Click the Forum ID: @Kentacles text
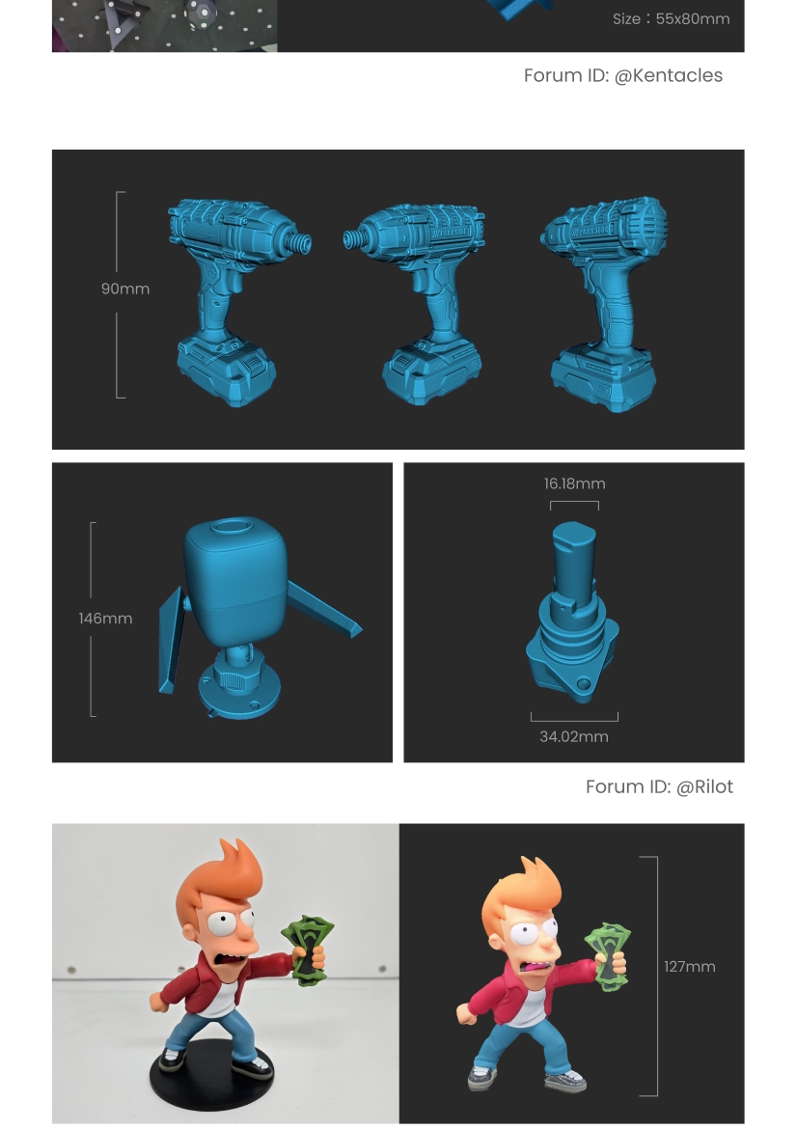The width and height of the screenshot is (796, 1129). click(x=622, y=75)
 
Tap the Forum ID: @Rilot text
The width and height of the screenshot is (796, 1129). click(x=659, y=787)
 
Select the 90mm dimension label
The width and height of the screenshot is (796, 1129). click(x=125, y=289)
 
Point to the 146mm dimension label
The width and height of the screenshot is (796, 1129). click(x=105, y=619)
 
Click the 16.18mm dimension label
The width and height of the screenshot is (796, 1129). click(x=574, y=483)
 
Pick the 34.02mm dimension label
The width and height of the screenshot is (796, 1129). click(x=574, y=736)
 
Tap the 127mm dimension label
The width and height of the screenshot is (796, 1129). click(x=690, y=967)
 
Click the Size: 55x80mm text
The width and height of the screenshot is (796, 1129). click(x=671, y=19)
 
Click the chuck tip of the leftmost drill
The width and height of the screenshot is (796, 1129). click(x=303, y=243)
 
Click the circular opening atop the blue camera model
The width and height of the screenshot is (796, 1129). click(x=231, y=526)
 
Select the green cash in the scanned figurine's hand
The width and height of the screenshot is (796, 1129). click(x=609, y=956)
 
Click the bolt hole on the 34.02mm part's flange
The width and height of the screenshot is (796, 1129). click(x=585, y=684)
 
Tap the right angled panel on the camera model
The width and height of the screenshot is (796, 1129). click(x=325, y=611)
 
